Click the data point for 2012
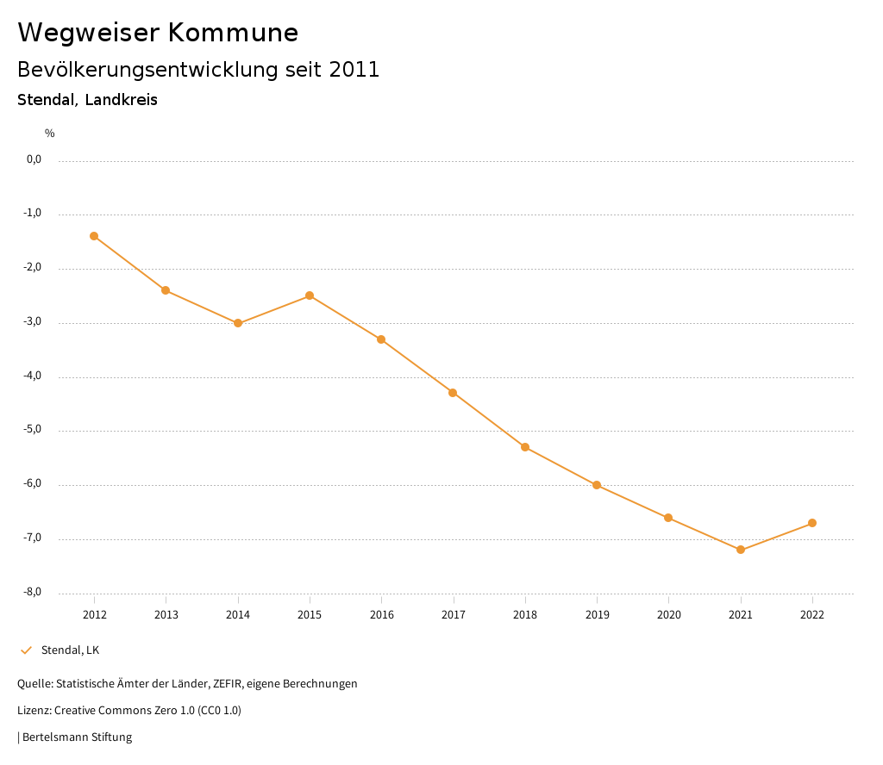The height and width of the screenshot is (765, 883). [94, 236]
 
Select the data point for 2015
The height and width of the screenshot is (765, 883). [310, 295]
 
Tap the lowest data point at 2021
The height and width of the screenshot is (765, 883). [741, 550]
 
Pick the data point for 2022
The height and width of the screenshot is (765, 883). [812, 523]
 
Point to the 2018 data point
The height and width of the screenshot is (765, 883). [525, 447]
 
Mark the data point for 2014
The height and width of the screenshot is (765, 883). [238, 323]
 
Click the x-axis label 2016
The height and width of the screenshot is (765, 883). [381, 615]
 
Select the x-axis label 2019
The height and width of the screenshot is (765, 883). [597, 615]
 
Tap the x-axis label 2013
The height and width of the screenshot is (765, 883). [166, 615]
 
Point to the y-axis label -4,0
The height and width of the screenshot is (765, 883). [34, 376]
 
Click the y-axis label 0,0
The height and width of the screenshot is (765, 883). [34, 159]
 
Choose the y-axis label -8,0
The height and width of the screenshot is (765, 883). [34, 593]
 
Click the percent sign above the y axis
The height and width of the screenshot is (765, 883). [50, 134]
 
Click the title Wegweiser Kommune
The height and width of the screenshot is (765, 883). [158, 33]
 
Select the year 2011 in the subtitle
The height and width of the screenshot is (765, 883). [354, 70]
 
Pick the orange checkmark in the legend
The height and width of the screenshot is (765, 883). [26, 650]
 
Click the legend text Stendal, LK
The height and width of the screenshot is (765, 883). [70, 650]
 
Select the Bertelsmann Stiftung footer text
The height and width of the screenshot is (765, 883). [77, 737]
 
